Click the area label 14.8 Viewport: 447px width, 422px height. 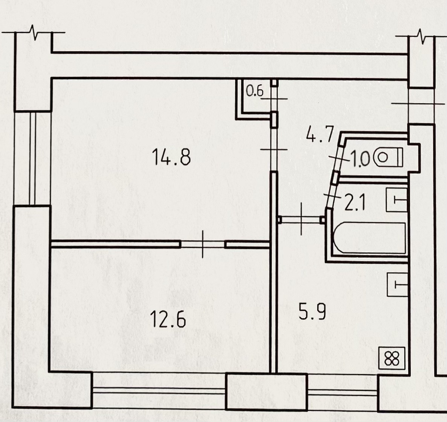tap(171, 157)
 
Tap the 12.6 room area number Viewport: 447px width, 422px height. tap(168, 320)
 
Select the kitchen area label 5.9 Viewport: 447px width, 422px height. tap(312, 312)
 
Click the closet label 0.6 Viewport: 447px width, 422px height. tap(255, 91)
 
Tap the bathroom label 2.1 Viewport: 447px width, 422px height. tap(354, 203)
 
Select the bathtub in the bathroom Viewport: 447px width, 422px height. tap(369, 238)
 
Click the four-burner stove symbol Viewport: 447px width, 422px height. tap(392, 358)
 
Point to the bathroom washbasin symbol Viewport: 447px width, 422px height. tap(398, 200)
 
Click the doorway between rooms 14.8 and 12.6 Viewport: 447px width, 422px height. tap(203, 244)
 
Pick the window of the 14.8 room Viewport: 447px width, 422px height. tap(32, 158)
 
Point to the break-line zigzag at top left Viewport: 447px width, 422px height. tap(34, 33)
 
